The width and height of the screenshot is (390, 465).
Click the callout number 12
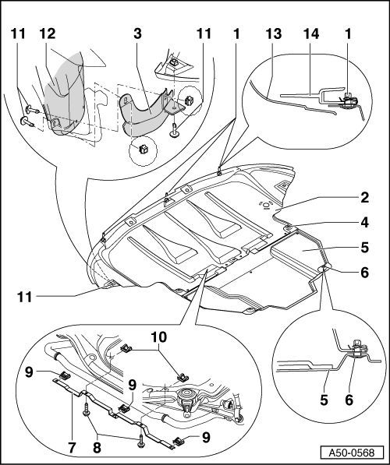coord(48,34)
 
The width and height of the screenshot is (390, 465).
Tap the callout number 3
coord(137,34)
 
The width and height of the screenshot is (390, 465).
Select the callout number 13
coord(274,34)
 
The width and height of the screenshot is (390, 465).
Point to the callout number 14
coord(311,34)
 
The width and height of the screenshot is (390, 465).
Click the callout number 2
coord(364,198)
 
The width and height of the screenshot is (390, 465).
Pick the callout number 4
coord(364,223)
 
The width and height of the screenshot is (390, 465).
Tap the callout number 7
coord(73,447)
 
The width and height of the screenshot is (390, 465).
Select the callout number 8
coord(97,447)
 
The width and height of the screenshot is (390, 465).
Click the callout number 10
coord(159,337)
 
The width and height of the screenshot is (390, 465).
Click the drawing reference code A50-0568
coord(351,453)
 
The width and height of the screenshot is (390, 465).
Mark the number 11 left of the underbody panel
coord(24,297)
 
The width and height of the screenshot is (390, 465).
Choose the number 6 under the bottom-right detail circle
coord(349,400)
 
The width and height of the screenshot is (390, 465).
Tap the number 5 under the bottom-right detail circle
coord(324,400)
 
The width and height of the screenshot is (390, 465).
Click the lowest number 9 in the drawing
coord(206,437)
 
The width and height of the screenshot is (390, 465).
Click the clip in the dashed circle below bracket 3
coord(144,150)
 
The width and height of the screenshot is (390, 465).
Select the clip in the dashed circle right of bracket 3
coord(189,100)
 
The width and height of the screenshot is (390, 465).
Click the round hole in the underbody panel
coord(266,204)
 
